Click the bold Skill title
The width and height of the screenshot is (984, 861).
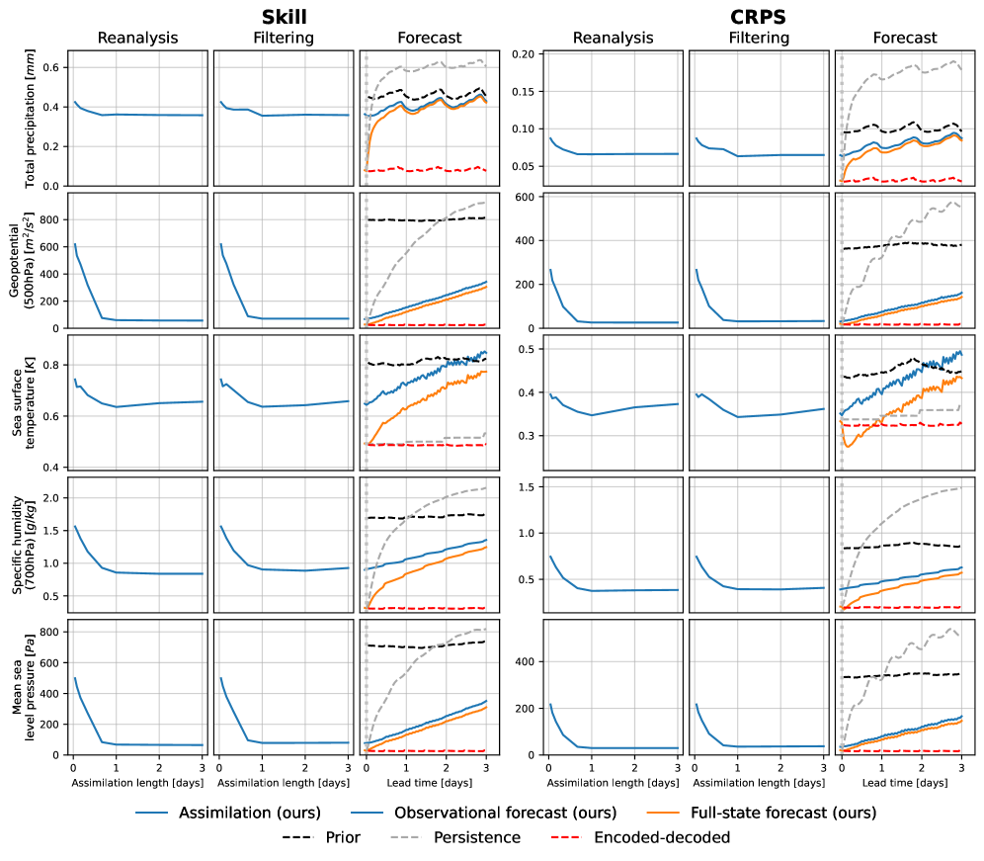point(285,17)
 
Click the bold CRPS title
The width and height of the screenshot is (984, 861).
point(759,17)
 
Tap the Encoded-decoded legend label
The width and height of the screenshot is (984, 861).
point(662,837)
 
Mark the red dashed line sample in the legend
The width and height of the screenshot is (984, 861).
point(566,837)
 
